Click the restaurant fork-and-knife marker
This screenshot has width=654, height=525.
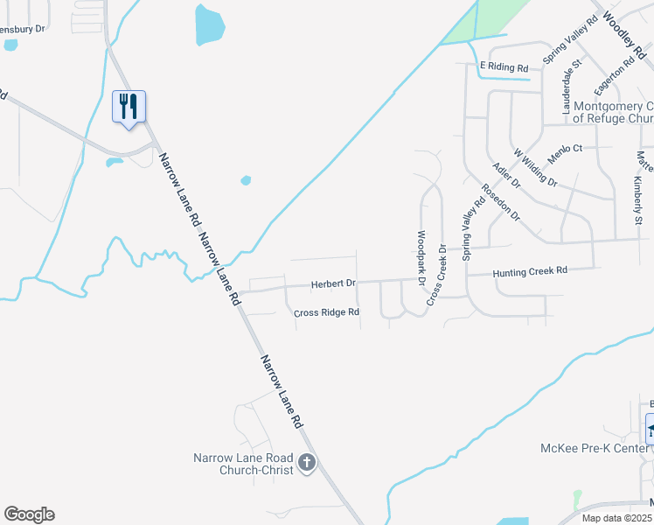(x=129, y=107)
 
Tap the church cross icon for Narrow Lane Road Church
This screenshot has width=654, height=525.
(x=306, y=462)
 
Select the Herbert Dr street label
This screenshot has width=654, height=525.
(x=333, y=284)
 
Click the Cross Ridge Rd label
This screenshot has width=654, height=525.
(x=326, y=312)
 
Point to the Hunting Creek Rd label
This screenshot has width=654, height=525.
(x=530, y=272)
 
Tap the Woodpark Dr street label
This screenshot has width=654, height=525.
(x=421, y=258)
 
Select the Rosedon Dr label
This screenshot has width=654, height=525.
(x=500, y=202)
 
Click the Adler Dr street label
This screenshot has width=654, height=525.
(x=506, y=175)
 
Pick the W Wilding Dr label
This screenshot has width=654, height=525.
(x=535, y=166)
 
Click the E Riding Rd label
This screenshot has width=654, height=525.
(x=504, y=67)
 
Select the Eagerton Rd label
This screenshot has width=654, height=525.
(x=613, y=77)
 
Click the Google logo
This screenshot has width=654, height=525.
(x=29, y=514)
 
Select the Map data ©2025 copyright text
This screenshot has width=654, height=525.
(x=616, y=518)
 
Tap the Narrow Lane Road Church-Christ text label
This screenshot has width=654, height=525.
(x=244, y=463)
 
